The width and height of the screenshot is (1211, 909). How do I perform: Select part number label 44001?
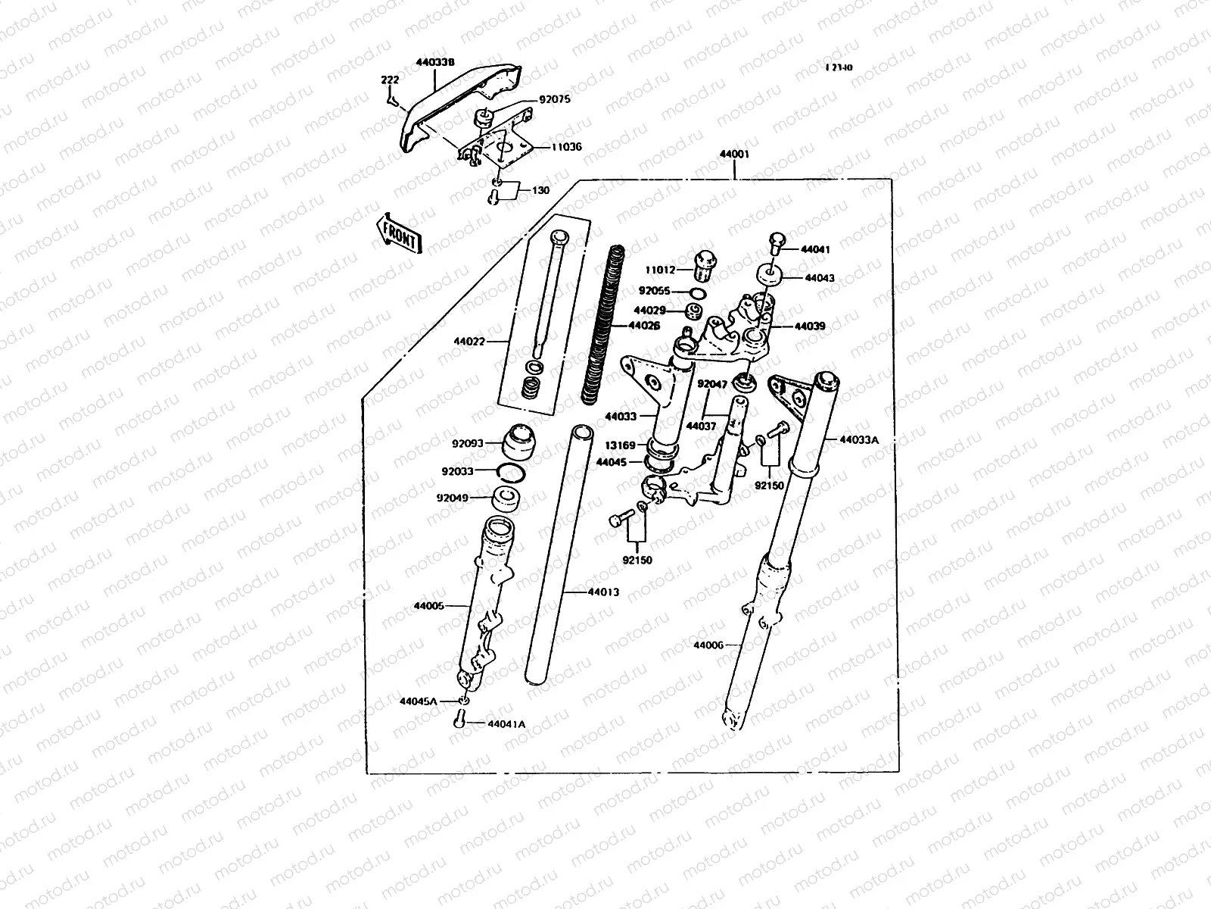click(733, 155)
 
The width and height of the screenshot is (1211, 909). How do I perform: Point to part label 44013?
click(603, 592)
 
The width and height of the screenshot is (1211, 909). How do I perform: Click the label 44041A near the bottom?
click(506, 724)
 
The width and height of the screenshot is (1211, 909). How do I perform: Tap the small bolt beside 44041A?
click(459, 720)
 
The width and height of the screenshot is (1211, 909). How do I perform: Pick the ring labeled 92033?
click(512, 473)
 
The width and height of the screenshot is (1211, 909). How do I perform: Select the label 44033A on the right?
click(858, 439)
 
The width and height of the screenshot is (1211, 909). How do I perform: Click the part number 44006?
click(708, 645)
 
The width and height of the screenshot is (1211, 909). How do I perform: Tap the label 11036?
click(566, 147)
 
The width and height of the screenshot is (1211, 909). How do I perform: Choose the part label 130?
click(541, 190)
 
